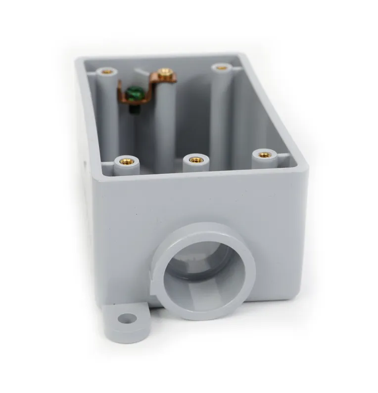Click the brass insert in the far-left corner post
[107, 72]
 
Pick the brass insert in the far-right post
[222, 68]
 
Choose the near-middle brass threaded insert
[196, 160]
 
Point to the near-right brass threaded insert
[264, 155]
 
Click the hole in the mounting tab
[127, 318]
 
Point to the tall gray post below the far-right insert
[221, 114]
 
